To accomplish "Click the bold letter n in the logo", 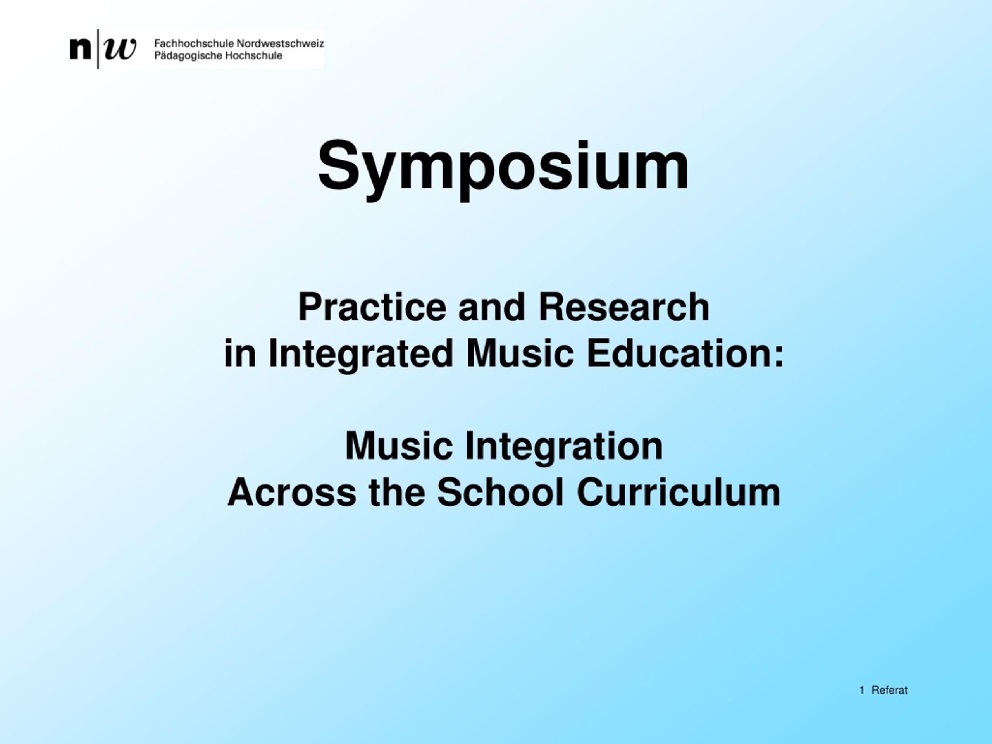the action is point(80,49).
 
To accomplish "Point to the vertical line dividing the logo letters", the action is point(98,49).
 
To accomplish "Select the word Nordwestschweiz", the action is point(280,43).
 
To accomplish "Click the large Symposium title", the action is point(503,168).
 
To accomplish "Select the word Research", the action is point(624,307).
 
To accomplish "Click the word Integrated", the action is point(361,354).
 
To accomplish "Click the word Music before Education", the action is point(520,353).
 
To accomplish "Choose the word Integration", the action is point(564,448).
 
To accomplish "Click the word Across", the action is point(292,493).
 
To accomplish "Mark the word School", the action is point(500,493).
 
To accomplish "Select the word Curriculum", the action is point(679,493).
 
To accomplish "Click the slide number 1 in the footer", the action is point(861,691).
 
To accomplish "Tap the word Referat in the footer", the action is point(889,691).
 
